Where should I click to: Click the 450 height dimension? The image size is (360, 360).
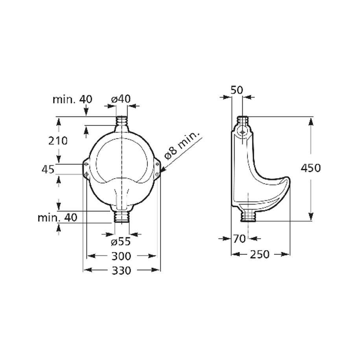coord(311,168)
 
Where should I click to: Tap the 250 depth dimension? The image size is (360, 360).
coord(259,254)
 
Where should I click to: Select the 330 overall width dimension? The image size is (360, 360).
coord(122,270)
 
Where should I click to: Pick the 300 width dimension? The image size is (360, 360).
coord(121,256)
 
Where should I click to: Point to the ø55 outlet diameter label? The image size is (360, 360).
coord(121,241)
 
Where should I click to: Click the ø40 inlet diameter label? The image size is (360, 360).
coord(121,99)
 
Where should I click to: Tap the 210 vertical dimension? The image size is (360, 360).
coord(58,141)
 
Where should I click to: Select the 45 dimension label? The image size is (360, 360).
coord(48,169)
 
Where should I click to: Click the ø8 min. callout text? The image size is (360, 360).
coord(182,146)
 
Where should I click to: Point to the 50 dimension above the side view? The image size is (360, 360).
coord(237,90)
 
